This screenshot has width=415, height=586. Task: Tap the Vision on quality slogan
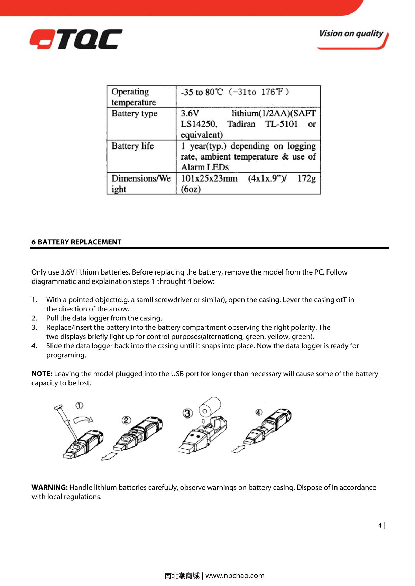(352, 34)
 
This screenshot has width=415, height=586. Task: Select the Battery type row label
(135, 114)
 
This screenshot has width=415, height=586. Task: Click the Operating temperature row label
(134, 97)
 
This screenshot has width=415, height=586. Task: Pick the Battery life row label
(133, 146)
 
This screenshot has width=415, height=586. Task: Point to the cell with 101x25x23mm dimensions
(248, 184)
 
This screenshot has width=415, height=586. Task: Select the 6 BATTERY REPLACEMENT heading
(76, 242)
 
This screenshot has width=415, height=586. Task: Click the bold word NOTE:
(42, 374)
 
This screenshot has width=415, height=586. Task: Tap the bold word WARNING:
(49, 487)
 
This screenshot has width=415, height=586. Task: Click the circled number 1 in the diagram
(80, 405)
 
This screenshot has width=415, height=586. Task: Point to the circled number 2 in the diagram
(126, 420)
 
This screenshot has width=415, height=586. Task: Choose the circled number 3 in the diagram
(187, 413)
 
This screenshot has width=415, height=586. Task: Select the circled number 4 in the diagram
(259, 412)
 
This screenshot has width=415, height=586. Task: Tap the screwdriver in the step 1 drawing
(65, 421)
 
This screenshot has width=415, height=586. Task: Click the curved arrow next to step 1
(83, 419)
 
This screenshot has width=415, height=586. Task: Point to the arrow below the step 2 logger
(109, 456)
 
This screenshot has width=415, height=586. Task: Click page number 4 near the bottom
(380, 526)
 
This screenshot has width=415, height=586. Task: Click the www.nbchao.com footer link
(235, 575)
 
